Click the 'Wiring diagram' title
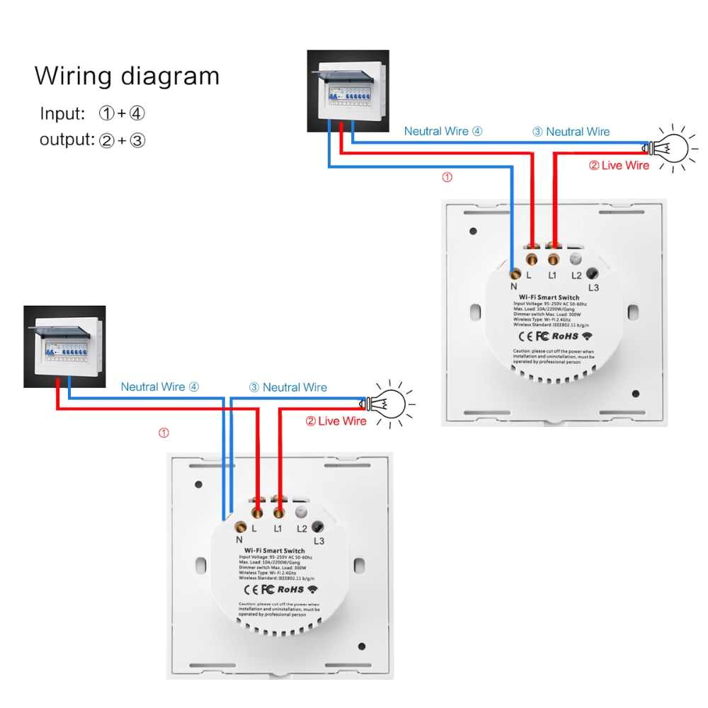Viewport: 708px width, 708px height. [x=127, y=76]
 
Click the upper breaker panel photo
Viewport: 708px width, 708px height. [x=348, y=91]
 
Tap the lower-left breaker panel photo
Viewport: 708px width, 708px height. [x=64, y=346]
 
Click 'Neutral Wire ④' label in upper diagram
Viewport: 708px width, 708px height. [x=443, y=131]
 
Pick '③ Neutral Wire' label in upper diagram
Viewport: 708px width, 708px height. [x=571, y=132]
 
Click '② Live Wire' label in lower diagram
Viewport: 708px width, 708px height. [x=336, y=421]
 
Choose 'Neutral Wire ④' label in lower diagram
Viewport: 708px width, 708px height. [x=160, y=387]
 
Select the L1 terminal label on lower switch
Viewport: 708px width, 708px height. [x=278, y=528]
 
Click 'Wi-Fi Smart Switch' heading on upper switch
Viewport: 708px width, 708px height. [x=549, y=297]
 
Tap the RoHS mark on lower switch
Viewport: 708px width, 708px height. [x=290, y=588]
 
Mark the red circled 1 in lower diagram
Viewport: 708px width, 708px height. [x=164, y=432]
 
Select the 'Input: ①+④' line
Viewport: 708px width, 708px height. [x=92, y=113]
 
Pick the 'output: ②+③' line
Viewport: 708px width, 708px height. [x=92, y=139]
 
